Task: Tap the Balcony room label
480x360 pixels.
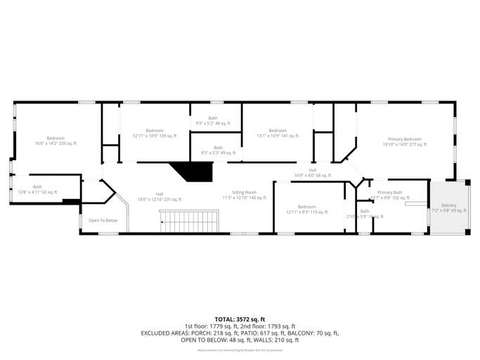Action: (x=448, y=207)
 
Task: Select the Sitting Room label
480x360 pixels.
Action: (x=245, y=195)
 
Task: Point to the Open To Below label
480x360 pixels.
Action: (x=103, y=221)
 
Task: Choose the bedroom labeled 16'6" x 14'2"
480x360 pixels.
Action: (x=56, y=140)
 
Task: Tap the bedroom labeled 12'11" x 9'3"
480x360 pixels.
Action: (x=306, y=209)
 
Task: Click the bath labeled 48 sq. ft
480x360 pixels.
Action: (x=213, y=120)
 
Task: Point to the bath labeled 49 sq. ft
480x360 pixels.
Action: (x=219, y=150)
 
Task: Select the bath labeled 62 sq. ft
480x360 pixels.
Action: (x=37, y=189)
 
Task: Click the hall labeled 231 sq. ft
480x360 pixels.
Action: (x=160, y=196)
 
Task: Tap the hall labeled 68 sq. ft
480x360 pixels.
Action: (x=312, y=172)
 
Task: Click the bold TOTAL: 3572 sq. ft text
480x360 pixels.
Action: (x=240, y=319)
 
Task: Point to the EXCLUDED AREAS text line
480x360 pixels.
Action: (x=240, y=333)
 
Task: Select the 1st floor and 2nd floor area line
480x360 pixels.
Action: (x=240, y=326)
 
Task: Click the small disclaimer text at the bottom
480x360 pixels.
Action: (x=240, y=349)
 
